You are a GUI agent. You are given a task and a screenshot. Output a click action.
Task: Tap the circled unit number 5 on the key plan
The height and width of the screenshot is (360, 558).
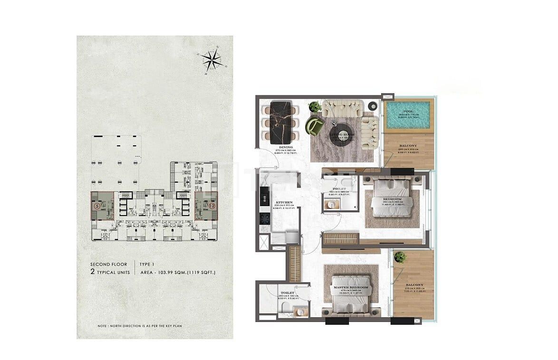[97, 206]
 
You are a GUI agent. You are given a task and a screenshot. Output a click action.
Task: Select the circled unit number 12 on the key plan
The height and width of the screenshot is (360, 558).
[212, 206]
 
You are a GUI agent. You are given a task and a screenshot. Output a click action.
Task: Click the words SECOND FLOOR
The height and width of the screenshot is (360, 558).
[109, 264]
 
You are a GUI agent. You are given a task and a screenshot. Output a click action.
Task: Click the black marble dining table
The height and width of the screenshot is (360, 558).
[279, 123]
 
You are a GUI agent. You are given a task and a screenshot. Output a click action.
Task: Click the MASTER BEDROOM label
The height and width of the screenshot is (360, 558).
[351, 288]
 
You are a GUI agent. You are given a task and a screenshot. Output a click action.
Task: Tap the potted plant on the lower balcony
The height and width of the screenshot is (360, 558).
[400, 257]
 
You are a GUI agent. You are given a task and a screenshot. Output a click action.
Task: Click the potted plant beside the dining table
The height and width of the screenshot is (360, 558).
[314, 107]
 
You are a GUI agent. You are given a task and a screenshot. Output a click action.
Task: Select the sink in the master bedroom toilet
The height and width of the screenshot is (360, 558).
[300, 312]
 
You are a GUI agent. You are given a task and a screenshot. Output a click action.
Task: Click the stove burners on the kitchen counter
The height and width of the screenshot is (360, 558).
[263, 219]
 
